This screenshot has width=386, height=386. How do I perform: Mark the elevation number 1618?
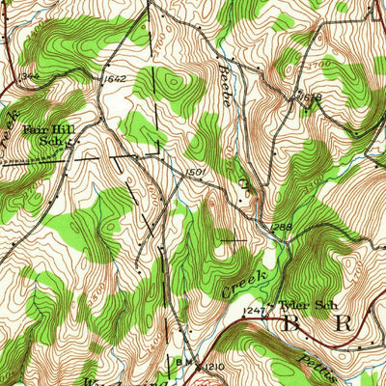[309, 98]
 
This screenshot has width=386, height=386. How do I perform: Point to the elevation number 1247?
[254, 310]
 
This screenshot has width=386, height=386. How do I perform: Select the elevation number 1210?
[214, 367]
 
